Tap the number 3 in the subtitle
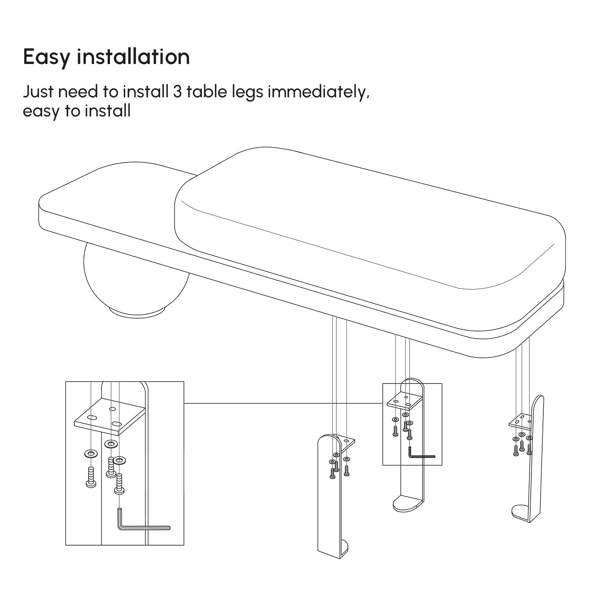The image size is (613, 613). pyautogui.click(x=177, y=92)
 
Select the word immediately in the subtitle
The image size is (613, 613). pyautogui.click(x=318, y=93)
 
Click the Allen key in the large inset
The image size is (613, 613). pyautogui.click(x=143, y=523)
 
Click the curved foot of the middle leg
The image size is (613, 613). pyautogui.click(x=408, y=503)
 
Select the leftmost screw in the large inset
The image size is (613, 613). pyautogui.click(x=91, y=477)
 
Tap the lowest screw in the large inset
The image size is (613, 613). pyautogui.click(x=120, y=484)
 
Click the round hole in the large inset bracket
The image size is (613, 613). pyautogui.click(x=112, y=409)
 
